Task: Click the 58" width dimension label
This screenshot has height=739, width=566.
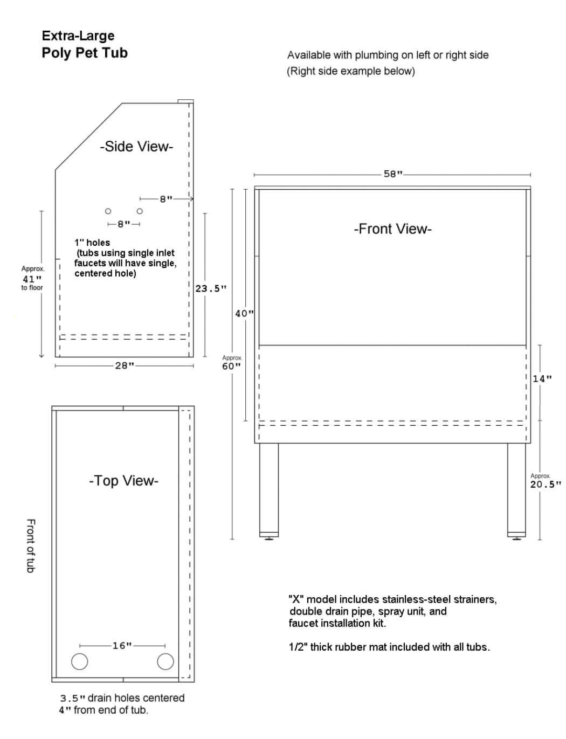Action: coord(393,174)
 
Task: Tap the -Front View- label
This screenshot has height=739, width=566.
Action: coord(392,229)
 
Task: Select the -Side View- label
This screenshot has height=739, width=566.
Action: coord(136,147)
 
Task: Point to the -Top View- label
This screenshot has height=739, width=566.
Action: coord(123,481)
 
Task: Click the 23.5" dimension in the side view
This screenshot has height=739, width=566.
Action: coord(211,288)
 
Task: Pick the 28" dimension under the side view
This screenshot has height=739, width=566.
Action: coord(124,365)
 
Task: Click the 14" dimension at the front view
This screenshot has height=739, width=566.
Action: coord(542,378)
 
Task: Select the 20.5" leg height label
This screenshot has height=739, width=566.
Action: coord(545,484)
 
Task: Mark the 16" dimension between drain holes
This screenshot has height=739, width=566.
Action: coord(122,645)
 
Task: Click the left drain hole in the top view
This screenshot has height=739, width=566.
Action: coord(79,661)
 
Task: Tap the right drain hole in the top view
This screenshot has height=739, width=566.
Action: coord(165,661)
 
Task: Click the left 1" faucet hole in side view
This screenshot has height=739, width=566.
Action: coord(108,211)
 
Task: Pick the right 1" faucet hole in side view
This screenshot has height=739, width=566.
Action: coord(140,211)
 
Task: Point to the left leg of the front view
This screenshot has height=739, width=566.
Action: coord(268,488)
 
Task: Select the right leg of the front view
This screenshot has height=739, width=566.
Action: coord(516,488)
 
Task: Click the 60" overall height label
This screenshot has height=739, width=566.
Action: coord(231,366)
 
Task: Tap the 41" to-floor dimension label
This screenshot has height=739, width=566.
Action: coord(32,279)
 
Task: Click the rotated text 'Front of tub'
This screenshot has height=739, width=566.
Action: coord(31,545)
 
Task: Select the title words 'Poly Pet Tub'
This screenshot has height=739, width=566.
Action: coord(85,53)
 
